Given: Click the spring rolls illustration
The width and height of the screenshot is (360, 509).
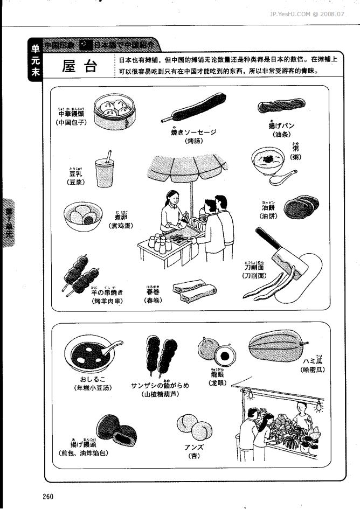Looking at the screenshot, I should [x=190, y=291].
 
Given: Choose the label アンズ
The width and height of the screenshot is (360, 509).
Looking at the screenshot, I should [x=193, y=447].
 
